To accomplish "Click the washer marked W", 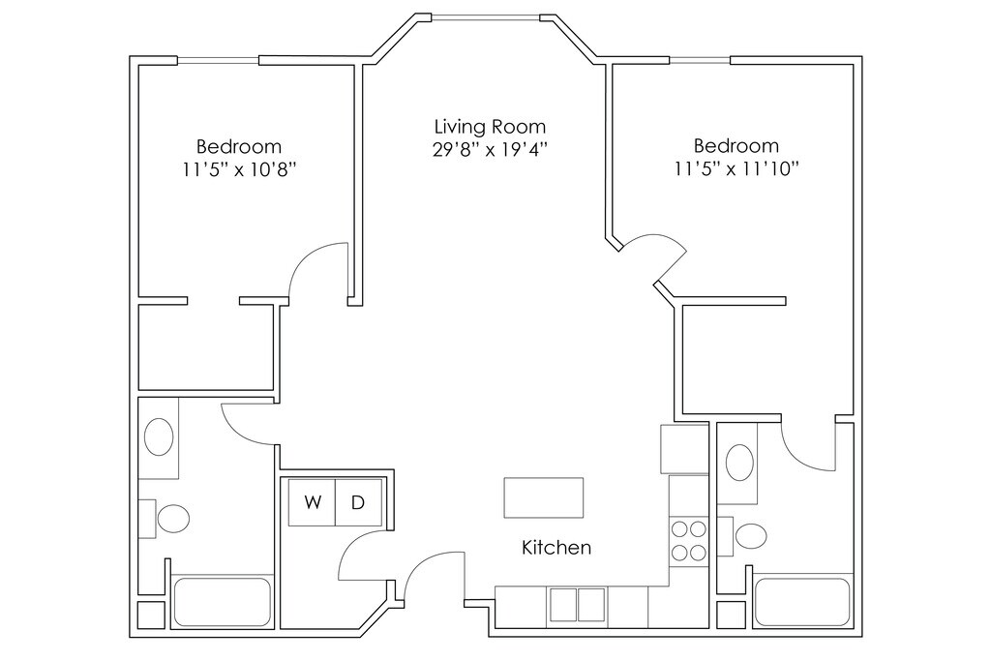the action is coord(312,502).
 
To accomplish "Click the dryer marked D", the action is coord(358,502).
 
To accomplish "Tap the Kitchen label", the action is coord(556,547).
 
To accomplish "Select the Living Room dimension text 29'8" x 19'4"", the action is coord(490,150).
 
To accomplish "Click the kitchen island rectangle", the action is coord(544,498).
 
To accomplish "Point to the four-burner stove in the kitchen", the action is coord(689,540).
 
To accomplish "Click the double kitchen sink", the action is coord(577,605).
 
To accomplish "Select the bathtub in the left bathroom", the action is coord(222,602).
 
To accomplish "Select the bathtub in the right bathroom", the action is coord(802,602).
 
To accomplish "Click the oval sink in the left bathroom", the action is coord(160,436).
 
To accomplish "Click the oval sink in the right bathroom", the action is coord(739,463).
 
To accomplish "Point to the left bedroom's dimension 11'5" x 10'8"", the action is coord(240,170).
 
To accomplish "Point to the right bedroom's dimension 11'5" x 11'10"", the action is coord(736,169).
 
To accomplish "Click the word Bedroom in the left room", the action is coord(239,146).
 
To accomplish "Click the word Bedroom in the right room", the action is coord(736,146).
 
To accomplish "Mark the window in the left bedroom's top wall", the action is coord(218,61).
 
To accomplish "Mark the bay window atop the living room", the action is coord(486,19).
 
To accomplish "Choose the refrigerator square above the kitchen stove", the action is coord(684,449).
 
